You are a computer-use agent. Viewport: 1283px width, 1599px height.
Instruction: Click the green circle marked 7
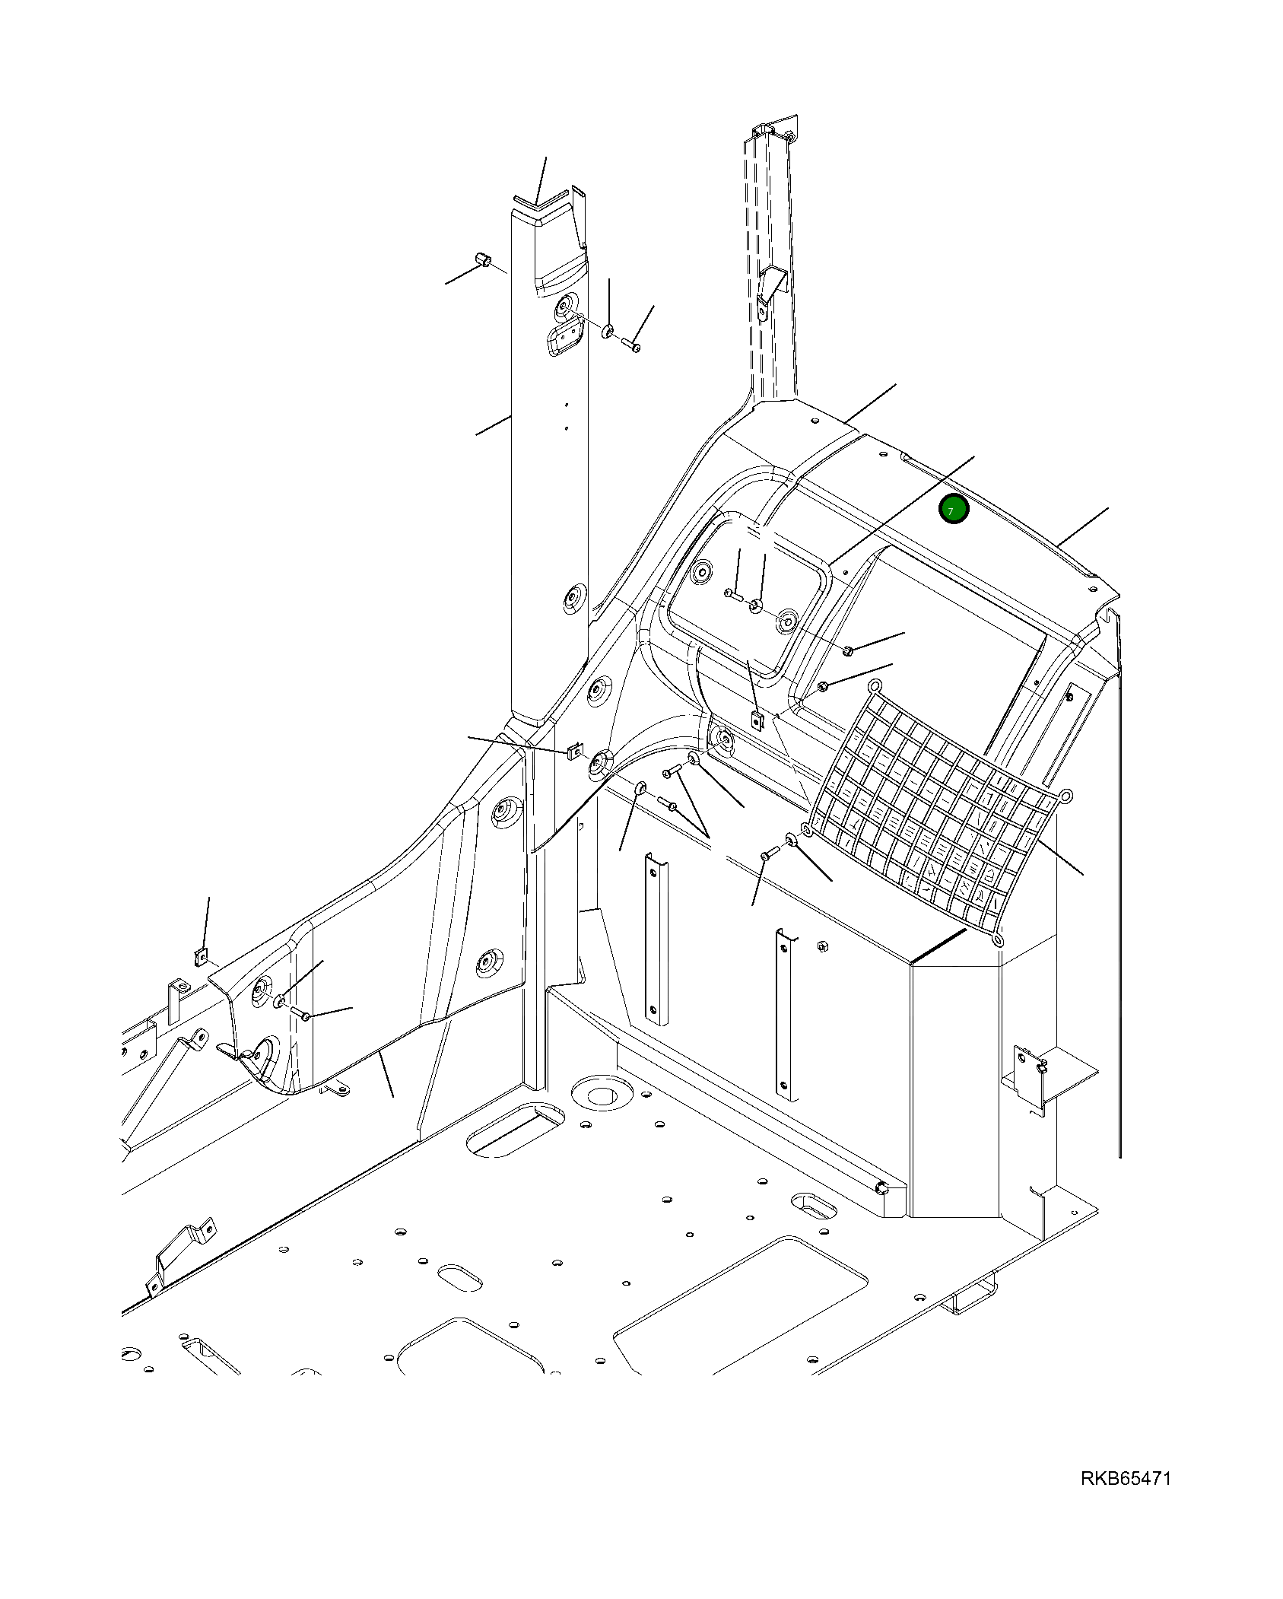point(953,509)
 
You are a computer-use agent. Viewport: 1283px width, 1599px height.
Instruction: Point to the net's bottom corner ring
point(998,941)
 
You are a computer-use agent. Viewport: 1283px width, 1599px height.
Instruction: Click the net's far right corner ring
point(1065,796)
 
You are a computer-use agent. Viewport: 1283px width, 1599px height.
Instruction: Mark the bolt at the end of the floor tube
point(881,1189)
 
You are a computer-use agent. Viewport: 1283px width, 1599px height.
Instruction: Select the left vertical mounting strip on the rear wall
point(653,936)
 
